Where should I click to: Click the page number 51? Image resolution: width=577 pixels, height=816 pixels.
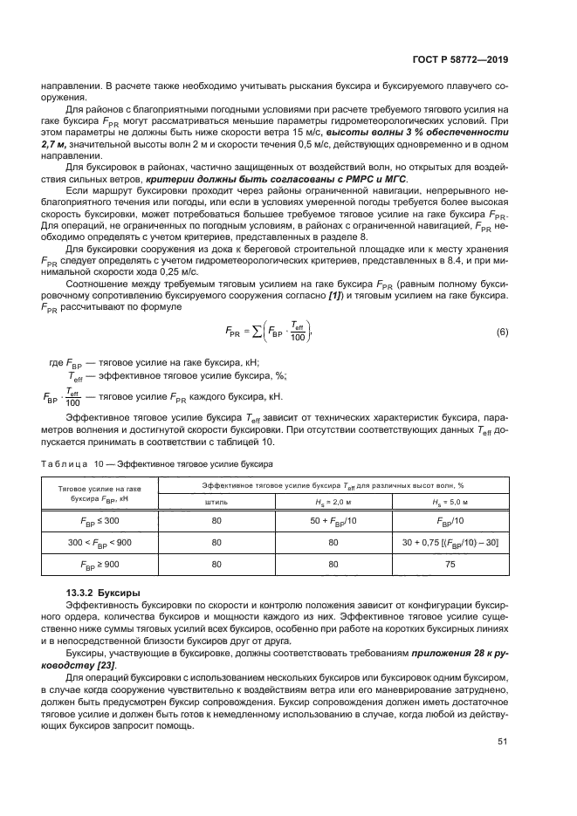[x=502, y=743]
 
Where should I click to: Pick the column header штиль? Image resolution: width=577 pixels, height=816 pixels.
[x=216, y=502]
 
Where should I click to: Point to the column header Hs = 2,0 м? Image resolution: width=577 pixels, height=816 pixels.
[x=333, y=502]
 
